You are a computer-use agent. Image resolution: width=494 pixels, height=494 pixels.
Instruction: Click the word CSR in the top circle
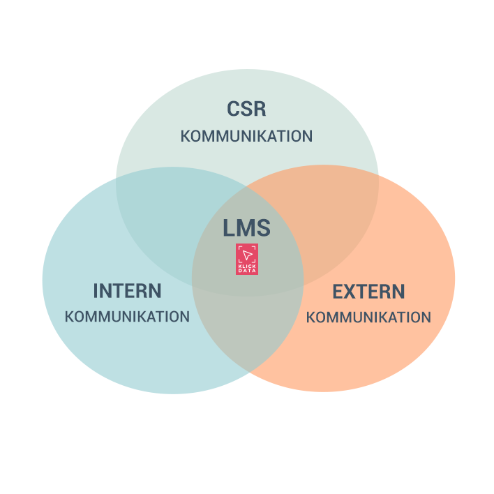click(246, 110)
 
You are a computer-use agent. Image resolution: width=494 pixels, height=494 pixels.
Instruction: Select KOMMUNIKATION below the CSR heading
click(246, 136)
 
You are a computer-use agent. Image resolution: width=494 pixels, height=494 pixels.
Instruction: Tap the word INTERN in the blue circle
click(127, 291)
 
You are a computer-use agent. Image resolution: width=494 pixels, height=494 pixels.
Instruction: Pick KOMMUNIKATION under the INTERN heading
click(127, 317)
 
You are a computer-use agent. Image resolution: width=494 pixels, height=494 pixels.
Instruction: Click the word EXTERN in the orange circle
click(368, 291)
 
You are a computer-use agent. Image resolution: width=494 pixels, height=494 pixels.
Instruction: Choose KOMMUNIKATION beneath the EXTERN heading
click(368, 317)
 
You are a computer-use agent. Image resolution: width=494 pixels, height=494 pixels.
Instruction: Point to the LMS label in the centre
click(246, 228)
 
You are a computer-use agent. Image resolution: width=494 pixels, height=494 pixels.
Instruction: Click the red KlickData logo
click(247, 259)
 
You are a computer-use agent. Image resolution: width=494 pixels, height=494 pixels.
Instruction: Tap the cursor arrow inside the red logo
click(247, 254)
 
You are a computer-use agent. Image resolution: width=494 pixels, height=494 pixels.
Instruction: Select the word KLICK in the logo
click(247, 264)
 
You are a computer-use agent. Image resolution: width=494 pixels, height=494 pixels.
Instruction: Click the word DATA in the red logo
click(247, 270)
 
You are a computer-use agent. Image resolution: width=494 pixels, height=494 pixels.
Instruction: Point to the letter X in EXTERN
click(352, 291)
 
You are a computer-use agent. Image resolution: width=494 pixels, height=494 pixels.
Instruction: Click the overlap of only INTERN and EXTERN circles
click(248, 328)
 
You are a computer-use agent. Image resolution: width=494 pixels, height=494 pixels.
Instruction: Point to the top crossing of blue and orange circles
click(248, 187)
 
